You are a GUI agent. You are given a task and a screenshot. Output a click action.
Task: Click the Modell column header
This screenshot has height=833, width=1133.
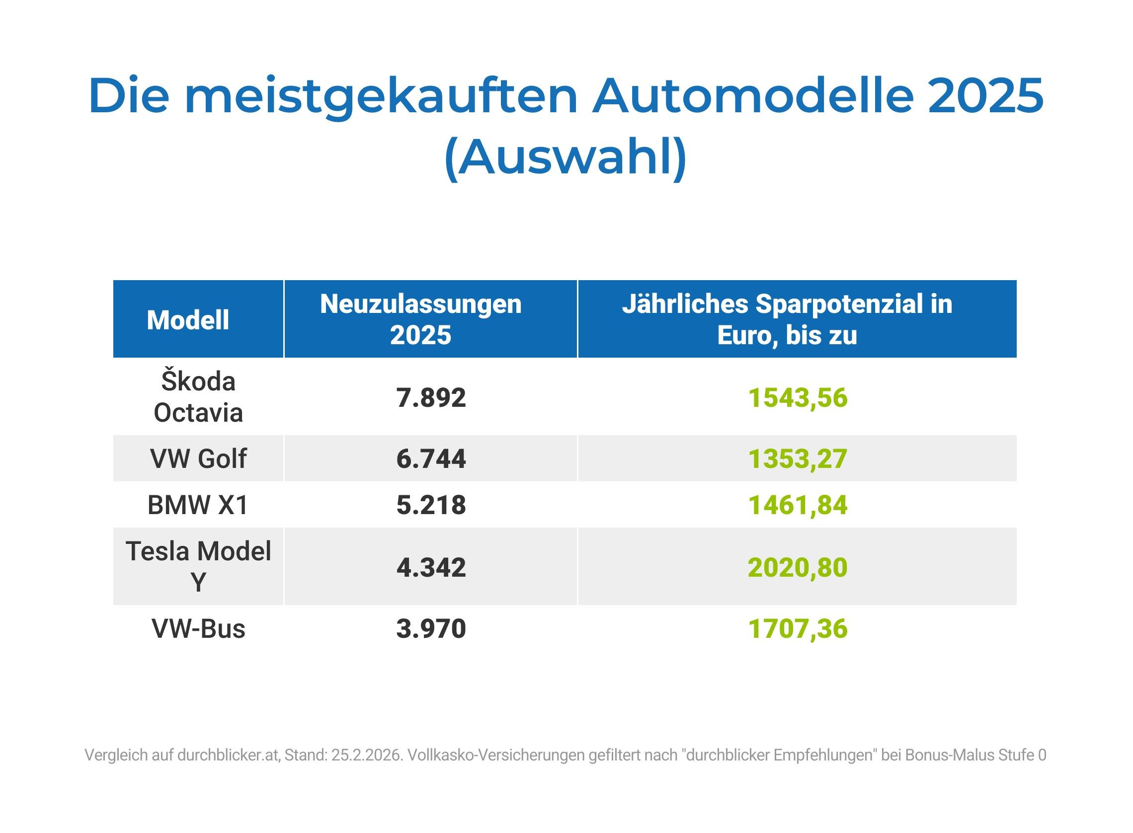(188, 320)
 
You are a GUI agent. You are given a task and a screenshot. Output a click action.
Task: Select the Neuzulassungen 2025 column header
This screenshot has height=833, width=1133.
(421, 319)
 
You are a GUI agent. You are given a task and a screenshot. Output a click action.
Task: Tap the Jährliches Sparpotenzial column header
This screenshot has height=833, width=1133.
(787, 319)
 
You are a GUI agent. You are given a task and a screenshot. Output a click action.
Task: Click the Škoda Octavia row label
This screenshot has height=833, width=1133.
(198, 397)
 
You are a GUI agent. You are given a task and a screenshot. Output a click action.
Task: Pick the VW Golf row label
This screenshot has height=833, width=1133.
(198, 458)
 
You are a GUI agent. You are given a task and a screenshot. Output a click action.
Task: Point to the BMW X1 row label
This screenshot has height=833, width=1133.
(198, 505)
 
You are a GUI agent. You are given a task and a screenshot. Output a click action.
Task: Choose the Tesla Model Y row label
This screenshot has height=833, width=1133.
(198, 566)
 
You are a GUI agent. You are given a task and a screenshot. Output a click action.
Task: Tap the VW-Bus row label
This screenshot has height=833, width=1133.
(198, 628)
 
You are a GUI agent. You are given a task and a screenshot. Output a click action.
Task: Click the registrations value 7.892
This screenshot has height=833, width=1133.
(431, 397)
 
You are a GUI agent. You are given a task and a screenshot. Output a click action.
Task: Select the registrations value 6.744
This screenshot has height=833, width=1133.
(431, 458)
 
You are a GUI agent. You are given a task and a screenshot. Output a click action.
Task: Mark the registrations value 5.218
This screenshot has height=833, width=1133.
(431, 505)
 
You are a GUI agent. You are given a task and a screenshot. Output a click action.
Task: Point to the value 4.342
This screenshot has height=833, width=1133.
(431, 567)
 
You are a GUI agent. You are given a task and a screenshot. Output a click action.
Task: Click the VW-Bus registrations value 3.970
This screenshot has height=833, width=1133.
(431, 628)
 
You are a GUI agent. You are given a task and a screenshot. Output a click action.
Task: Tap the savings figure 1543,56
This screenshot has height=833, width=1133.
(798, 398)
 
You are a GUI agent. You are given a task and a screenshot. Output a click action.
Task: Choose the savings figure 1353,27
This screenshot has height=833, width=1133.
(798, 459)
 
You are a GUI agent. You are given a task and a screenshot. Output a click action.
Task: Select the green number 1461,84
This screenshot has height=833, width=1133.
(798, 505)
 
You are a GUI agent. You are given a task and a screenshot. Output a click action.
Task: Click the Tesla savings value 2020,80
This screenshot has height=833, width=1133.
(798, 567)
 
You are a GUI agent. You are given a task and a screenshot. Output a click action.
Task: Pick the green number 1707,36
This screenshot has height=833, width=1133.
(798, 629)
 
